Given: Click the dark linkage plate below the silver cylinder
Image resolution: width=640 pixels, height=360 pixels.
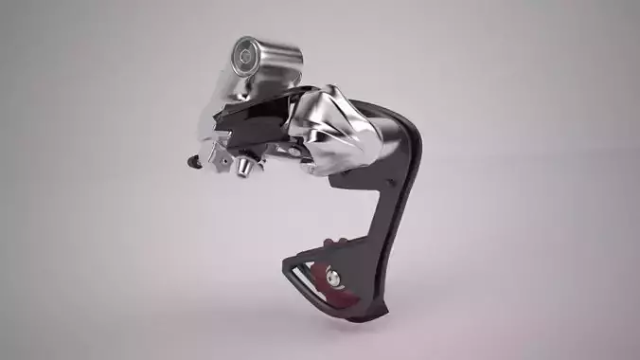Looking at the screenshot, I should [x=256, y=123].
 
